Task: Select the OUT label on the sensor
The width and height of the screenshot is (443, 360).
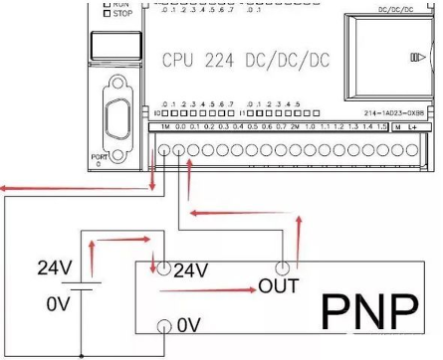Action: click(279, 286)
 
